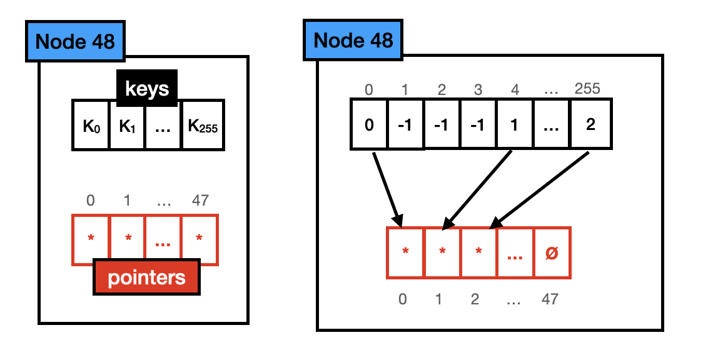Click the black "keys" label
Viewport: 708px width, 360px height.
pyautogui.click(x=147, y=88)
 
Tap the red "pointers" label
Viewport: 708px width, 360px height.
pyautogui.click(x=146, y=277)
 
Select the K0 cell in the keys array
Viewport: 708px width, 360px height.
pyautogui.click(x=91, y=125)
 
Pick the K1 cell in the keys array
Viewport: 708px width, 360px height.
pyautogui.click(x=128, y=125)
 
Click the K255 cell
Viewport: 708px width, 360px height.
pyautogui.click(x=203, y=125)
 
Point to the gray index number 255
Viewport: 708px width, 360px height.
pyautogui.click(x=587, y=89)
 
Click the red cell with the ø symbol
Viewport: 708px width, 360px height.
pyautogui.click(x=552, y=253)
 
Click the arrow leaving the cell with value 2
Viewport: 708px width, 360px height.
pyautogui.click(x=539, y=188)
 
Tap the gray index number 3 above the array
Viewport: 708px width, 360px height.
pyautogui.click(x=478, y=89)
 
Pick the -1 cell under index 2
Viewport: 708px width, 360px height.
pyautogui.click(x=442, y=124)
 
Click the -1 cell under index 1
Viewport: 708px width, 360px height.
pyautogui.click(x=405, y=124)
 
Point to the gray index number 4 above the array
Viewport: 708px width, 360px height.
pyautogui.click(x=515, y=89)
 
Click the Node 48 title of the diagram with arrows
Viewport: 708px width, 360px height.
pyautogui.click(x=353, y=41)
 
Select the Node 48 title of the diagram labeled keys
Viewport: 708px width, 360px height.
pyautogui.click(x=75, y=41)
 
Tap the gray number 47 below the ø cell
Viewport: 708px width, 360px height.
pyautogui.click(x=550, y=299)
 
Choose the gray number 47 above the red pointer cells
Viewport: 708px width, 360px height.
pyautogui.click(x=200, y=201)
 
